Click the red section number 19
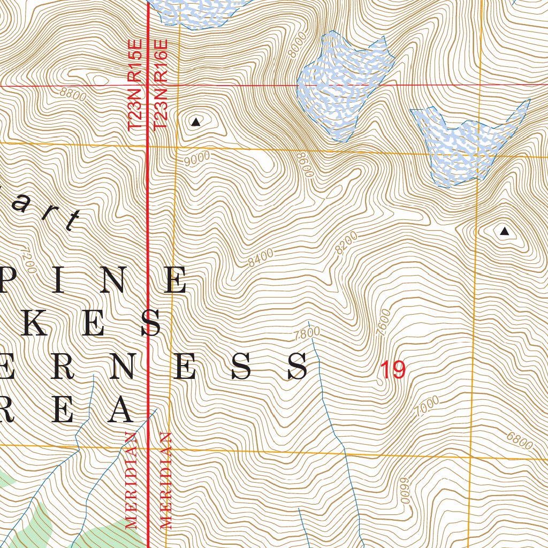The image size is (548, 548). [x=393, y=370]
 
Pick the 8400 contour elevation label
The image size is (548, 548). [x=261, y=258]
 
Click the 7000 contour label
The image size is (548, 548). [x=427, y=407]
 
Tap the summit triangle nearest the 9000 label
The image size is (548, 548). [x=196, y=123]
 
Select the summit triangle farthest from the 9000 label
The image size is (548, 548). [x=504, y=231]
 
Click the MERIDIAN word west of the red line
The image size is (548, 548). [x=131, y=480]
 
